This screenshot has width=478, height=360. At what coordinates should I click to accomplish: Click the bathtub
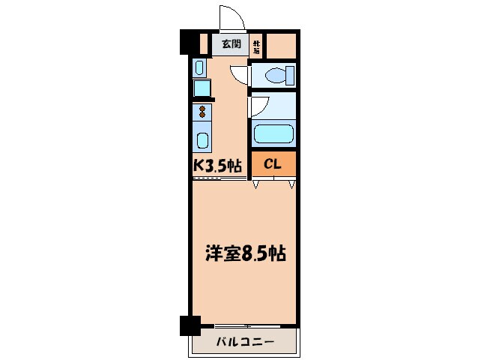pyautogui.click(x=273, y=134)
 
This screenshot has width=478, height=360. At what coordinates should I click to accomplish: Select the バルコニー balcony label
pyautogui.click(x=245, y=343)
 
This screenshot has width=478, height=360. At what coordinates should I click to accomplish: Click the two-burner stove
pyautogui.click(x=202, y=113)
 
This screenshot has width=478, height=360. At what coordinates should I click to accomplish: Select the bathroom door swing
pyautogui.click(x=258, y=106)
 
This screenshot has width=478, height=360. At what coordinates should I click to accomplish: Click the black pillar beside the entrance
pyautogui.click(x=188, y=41)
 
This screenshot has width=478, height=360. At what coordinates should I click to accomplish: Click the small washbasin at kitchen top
pyautogui.click(x=199, y=67)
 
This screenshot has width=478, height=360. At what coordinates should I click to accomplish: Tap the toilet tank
pyautogui.click(x=289, y=75)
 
